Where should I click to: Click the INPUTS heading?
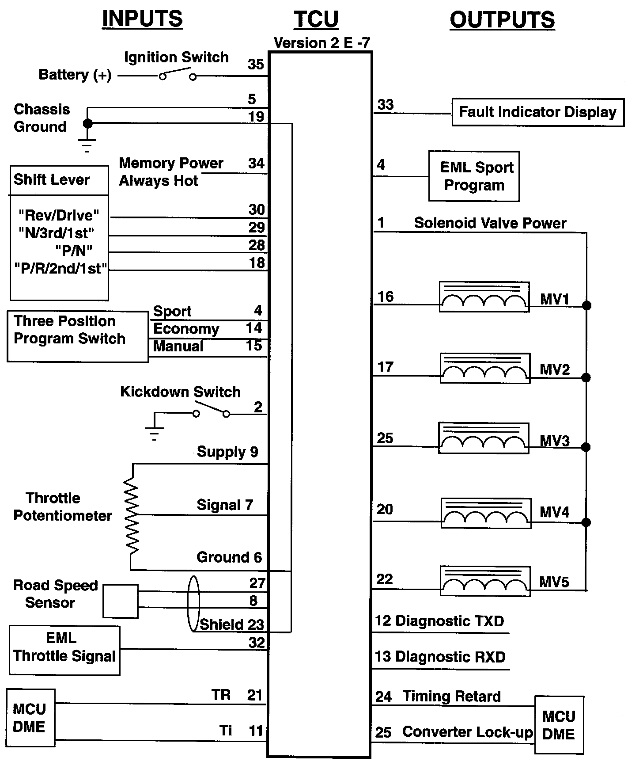pos(142,19)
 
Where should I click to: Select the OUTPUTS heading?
pos(502,20)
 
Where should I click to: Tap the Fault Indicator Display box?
pos(537,112)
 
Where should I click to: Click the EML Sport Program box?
pos(474,176)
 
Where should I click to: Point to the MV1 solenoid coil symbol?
pos(484,297)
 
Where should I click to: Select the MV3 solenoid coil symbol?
pos(484,438)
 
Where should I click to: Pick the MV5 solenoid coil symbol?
pos(485,581)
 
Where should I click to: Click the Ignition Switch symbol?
pos(178,74)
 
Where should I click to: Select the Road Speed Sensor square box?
pos(121,601)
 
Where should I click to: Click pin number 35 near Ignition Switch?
pos(256,65)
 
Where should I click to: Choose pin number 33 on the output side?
pos(386,105)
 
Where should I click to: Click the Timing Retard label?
pos(451,697)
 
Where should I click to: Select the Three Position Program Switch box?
pos(78,336)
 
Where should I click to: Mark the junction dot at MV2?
pos(586,377)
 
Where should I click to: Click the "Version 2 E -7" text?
pos(321,43)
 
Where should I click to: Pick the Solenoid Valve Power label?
pos(490,223)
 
